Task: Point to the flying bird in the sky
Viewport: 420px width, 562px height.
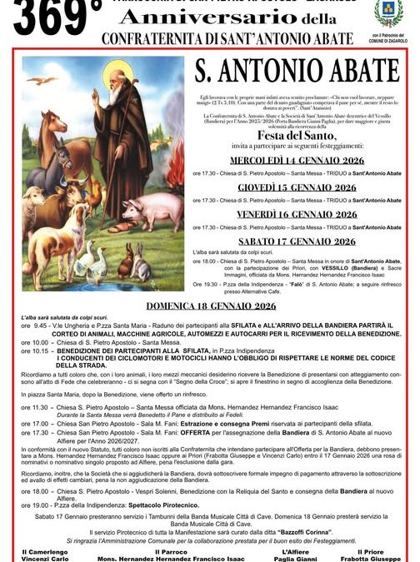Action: (x=42, y=81)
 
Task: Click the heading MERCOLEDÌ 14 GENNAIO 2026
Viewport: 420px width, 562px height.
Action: (x=297, y=161)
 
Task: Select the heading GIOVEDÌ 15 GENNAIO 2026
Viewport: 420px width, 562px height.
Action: (x=297, y=187)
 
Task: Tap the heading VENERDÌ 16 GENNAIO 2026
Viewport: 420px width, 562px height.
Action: (x=297, y=214)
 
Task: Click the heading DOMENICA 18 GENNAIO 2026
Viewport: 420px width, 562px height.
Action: (x=209, y=306)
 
